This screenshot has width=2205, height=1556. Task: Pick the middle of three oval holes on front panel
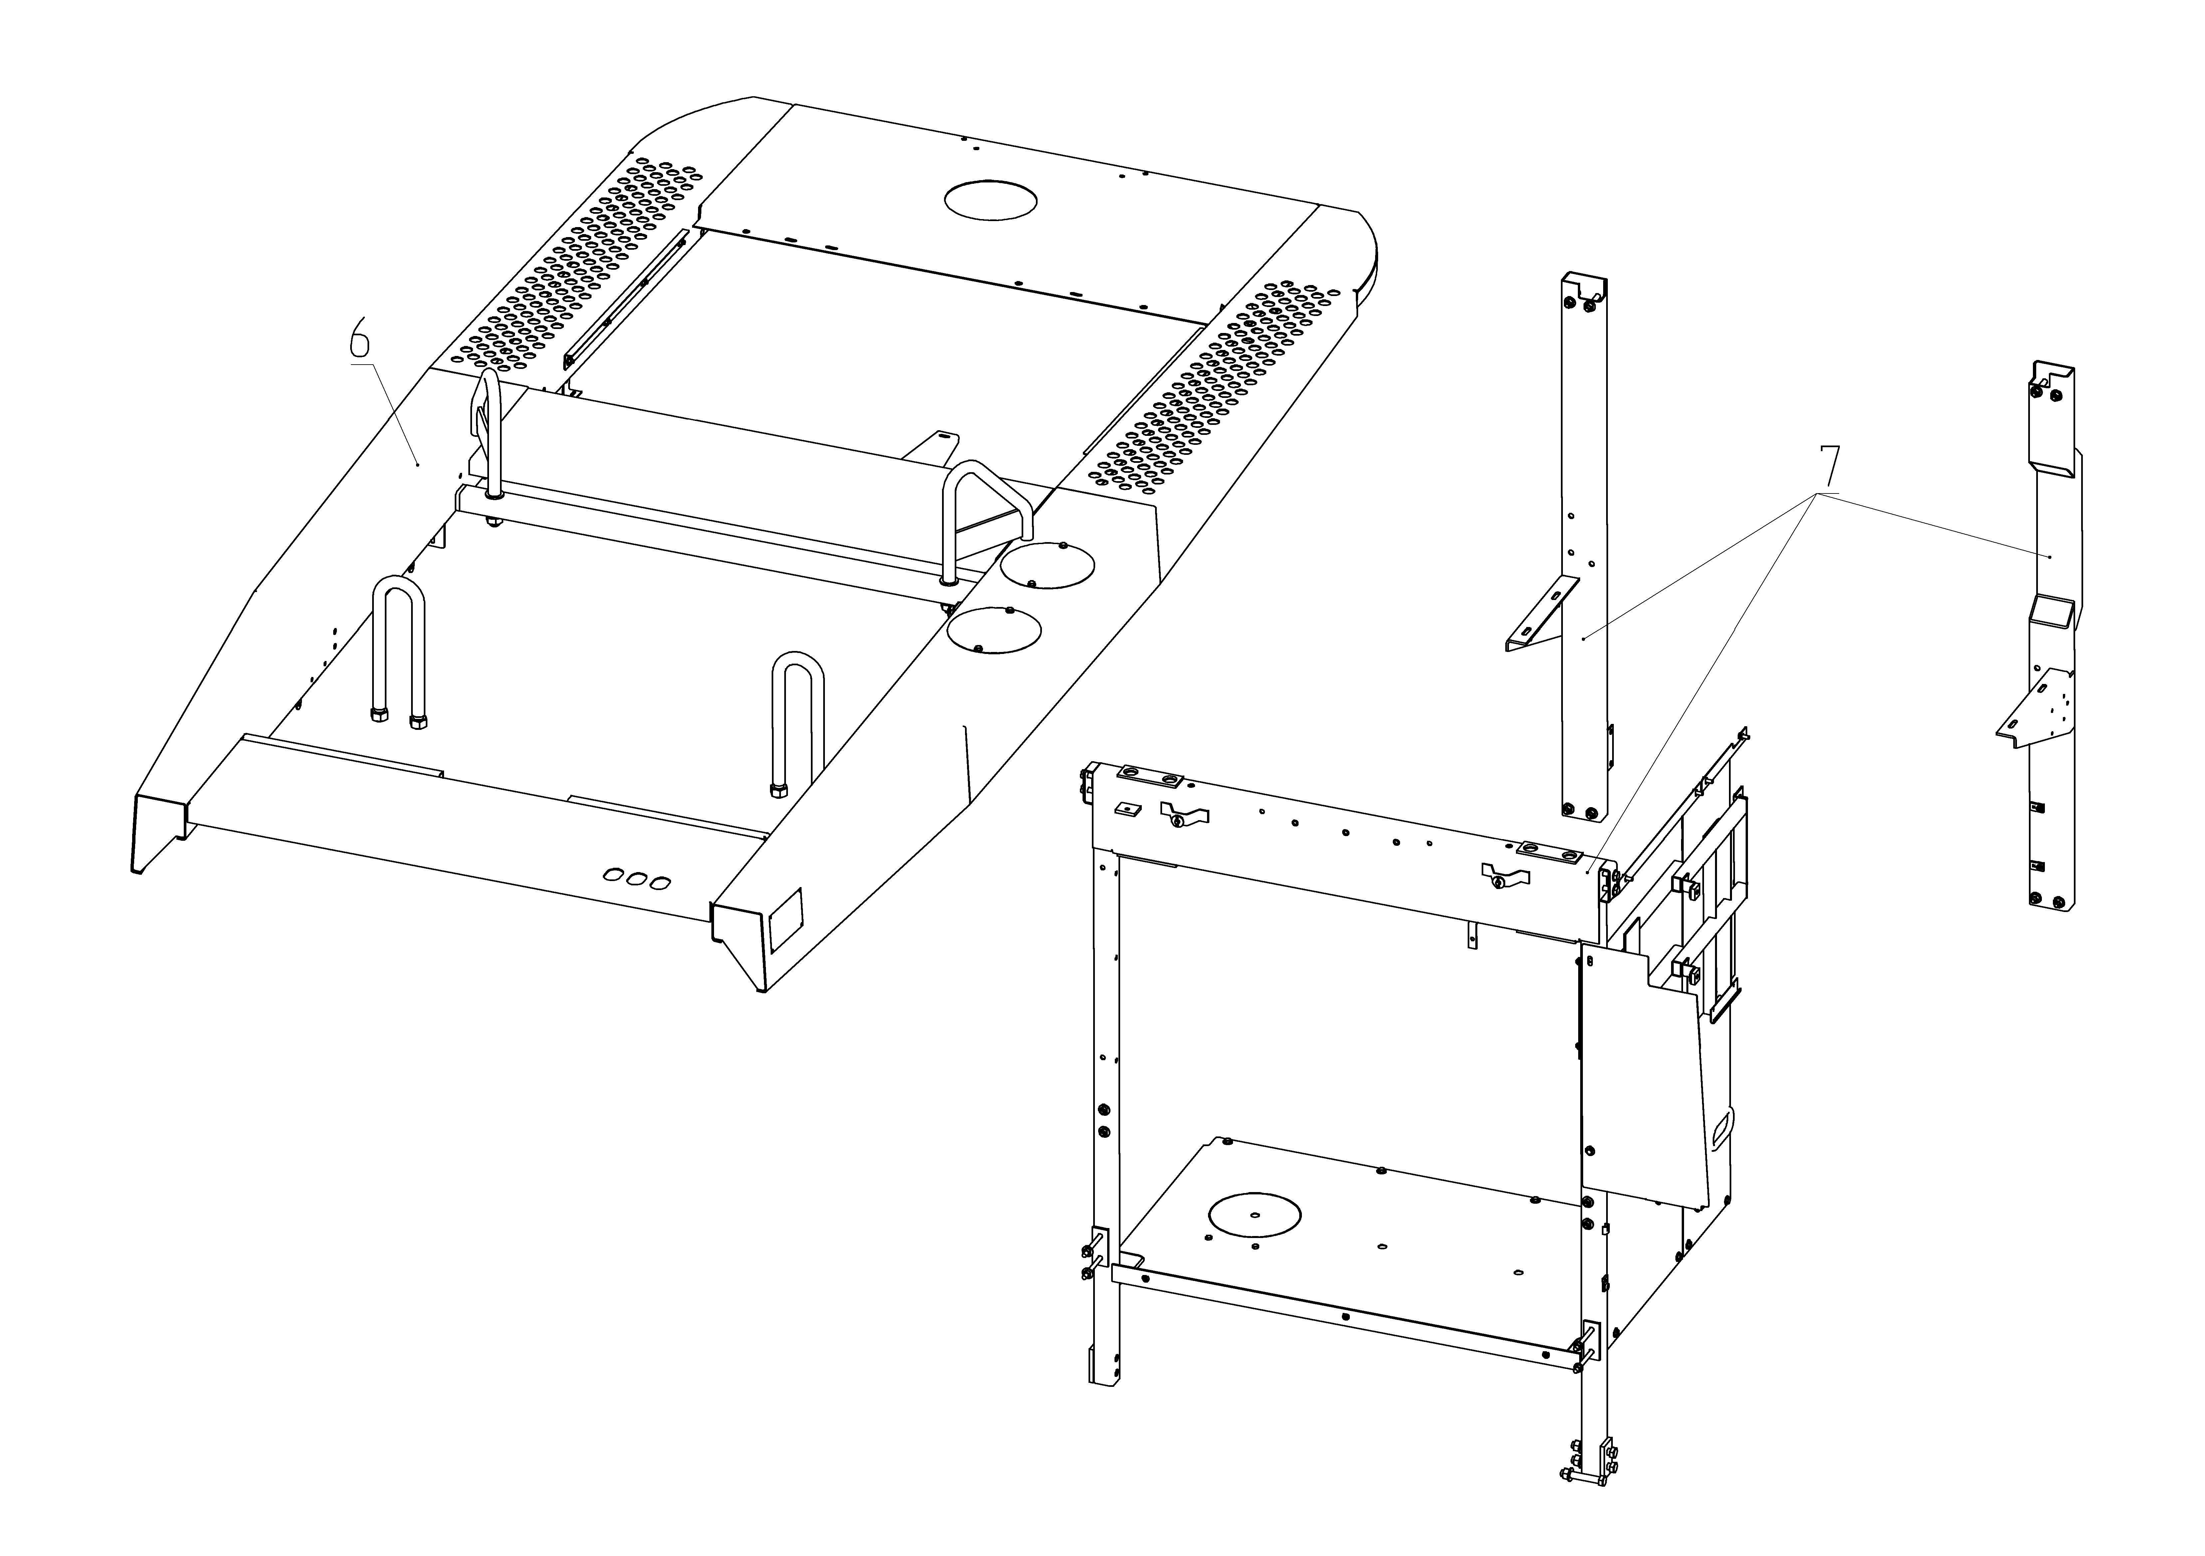tap(636, 878)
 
